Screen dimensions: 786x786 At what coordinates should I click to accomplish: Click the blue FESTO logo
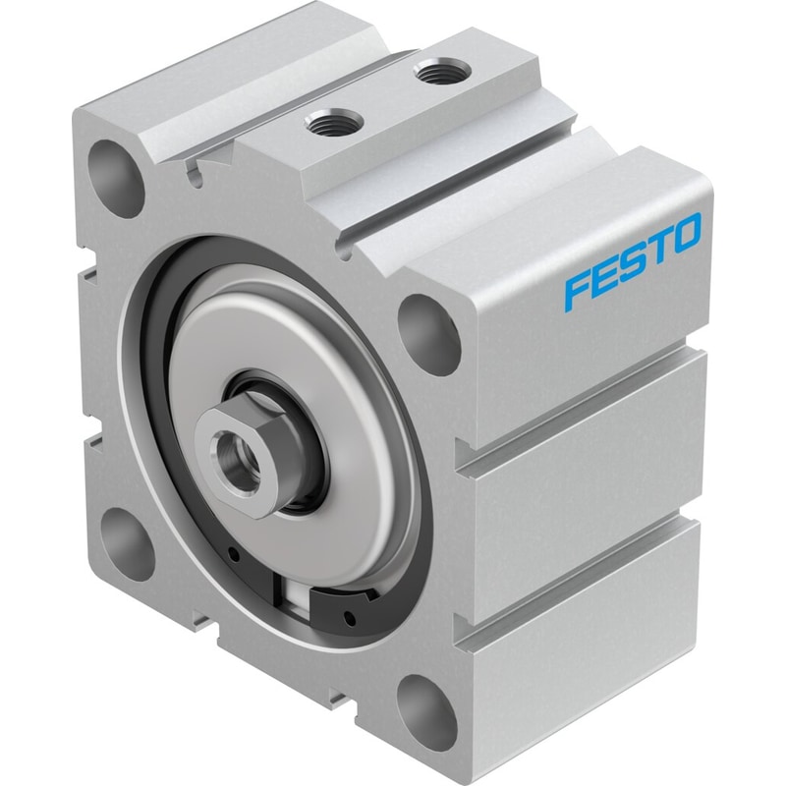tap(633, 259)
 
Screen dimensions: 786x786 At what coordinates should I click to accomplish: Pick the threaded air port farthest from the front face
tap(441, 70)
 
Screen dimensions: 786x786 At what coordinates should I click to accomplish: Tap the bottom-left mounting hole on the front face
tap(129, 545)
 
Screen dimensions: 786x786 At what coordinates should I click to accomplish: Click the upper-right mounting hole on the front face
tap(428, 335)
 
